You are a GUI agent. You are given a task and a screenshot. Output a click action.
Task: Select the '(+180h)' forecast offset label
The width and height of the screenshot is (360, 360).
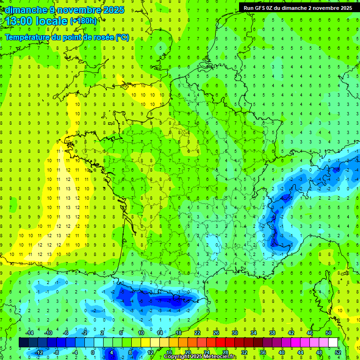point(83,21)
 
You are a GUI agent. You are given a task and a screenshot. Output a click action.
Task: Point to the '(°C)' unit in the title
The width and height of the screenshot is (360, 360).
point(122,37)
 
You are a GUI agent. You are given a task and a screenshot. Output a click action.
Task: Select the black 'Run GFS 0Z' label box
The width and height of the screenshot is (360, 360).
point(299,8)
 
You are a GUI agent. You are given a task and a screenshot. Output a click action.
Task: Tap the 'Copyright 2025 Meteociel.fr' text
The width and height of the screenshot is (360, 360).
point(200,357)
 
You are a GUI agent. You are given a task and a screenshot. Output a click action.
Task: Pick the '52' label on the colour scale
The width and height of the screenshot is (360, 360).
point(338,352)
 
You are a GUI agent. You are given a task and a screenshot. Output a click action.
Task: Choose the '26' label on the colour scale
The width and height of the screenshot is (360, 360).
point(216,333)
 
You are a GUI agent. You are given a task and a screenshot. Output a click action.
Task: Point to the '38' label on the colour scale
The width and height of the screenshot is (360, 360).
point(272,333)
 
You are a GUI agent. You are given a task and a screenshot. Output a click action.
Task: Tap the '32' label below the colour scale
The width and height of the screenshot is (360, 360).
point(244,352)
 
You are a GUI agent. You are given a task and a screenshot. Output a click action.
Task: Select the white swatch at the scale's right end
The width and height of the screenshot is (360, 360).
point(333,343)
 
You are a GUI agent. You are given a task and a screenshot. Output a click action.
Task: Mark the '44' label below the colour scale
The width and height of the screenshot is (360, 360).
point(300,352)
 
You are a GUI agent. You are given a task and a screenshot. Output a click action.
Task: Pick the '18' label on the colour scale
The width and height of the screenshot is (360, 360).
point(179,333)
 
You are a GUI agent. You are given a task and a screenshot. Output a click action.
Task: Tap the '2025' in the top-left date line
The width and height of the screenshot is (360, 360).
point(113,10)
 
